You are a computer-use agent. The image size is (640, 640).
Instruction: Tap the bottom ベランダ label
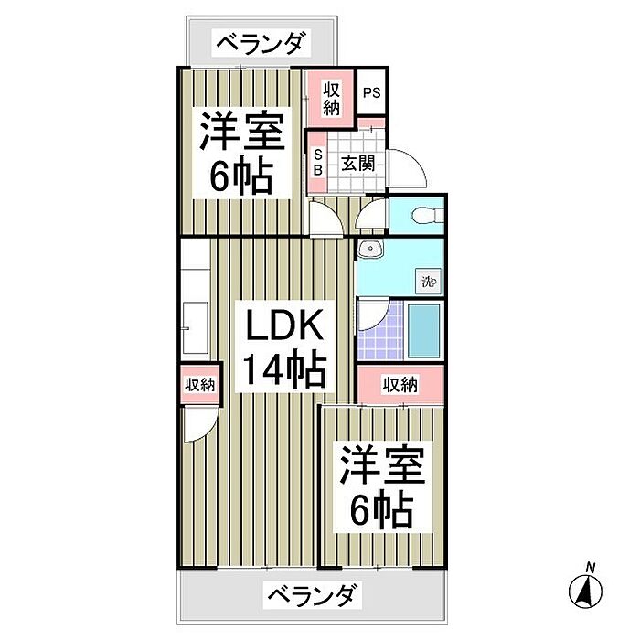(x=310, y=595)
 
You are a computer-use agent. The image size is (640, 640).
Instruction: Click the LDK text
(x=281, y=325)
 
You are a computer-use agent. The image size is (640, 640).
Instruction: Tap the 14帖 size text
(x=283, y=370)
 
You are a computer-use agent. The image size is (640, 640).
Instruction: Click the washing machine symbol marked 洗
(x=427, y=281)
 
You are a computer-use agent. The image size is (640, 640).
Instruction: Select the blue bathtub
(x=425, y=331)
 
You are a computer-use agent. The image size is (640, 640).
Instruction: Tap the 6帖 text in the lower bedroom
(x=382, y=509)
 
